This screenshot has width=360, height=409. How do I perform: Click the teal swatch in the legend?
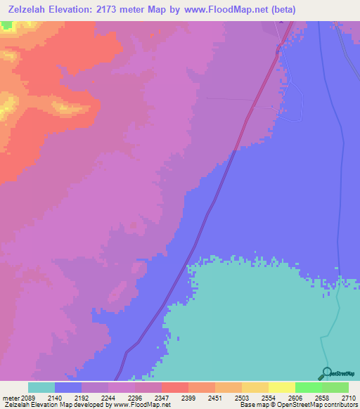(41, 387)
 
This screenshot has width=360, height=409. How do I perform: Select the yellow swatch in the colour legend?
(282, 387)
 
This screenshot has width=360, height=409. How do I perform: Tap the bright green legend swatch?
(309, 387)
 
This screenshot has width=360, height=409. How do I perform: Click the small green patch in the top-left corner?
(6, 25)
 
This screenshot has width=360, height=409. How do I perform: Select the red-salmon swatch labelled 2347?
(175, 387)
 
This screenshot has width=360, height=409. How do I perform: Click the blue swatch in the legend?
(68, 387)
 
